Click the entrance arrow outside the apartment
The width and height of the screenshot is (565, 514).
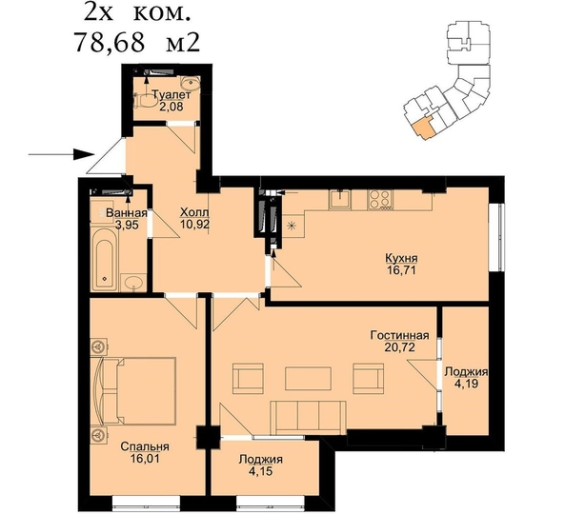pos(59,152)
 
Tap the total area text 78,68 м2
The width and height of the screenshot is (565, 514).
pos(142,43)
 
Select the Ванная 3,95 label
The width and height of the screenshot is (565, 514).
pos(111,220)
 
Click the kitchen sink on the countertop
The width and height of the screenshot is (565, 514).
pos(340,198)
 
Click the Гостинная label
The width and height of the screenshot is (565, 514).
pos(399,336)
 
